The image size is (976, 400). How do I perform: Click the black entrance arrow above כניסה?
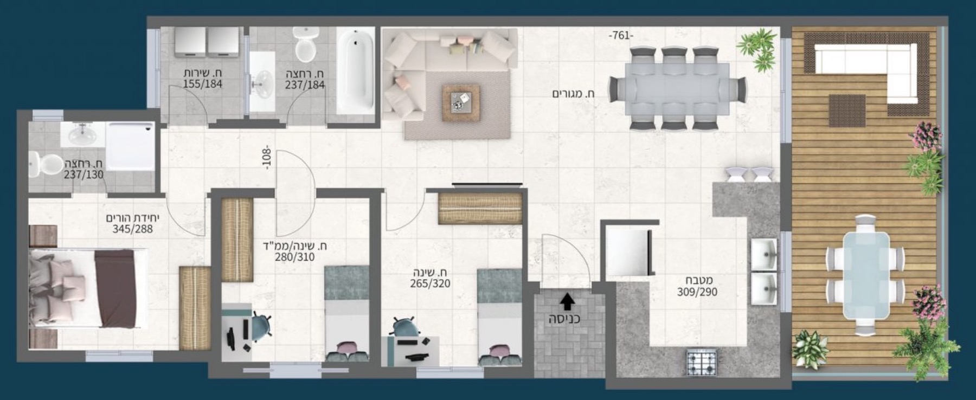pyautogui.click(x=567, y=300)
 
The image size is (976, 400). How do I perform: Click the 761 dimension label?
pyautogui.click(x=620, y=36)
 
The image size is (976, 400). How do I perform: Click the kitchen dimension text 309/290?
pyautogui.click(x=697, y=292)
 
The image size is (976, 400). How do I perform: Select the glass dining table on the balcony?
pyautogui.click(x=865, y=276)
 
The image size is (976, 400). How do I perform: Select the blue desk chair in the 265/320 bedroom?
pyautogui.click(x=404, y=327)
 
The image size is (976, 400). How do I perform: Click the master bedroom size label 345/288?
pyautogui.click(x=132, y=229)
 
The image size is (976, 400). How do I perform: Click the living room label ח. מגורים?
pyautogui.click(x=573, y=94)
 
